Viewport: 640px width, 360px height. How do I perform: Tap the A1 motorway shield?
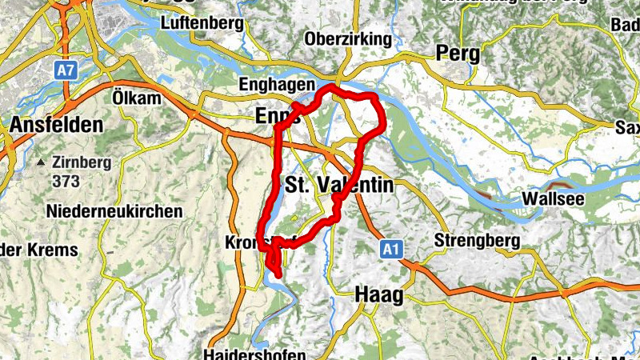tap(390, 250)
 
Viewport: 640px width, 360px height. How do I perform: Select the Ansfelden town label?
tap(57, 126)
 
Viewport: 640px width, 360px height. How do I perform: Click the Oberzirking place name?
tap(348, 39)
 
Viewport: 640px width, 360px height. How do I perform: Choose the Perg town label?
tap(458, 54)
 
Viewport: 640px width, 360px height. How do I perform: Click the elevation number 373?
tap(66, 181)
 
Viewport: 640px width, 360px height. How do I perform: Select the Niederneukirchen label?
tap(114, 212)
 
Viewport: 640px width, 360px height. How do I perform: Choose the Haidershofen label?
tap(254, 354)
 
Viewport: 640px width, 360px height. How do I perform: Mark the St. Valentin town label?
tap(339, 186)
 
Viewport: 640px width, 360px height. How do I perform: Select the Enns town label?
tap(274, 117)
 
